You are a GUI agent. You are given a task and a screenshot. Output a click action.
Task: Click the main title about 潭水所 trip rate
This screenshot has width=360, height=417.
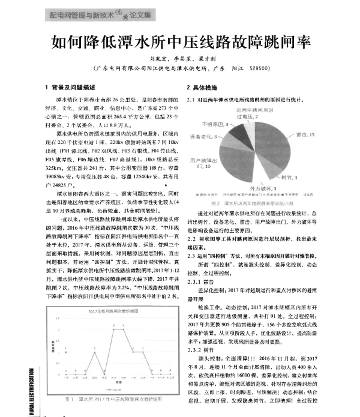coord(179,43)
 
